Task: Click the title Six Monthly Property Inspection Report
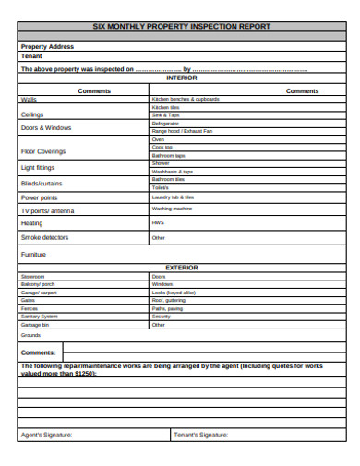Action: [182, 28]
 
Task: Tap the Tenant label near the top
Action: [31, 55]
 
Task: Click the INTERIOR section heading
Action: [182, 78]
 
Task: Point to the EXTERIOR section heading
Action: [182, 267]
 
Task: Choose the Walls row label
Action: [29, 98]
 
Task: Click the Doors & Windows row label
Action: [45, 128]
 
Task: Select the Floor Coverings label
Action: [42, 150]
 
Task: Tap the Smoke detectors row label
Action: [44, 237]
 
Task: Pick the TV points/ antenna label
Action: [47, 210]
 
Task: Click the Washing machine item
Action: [172, 209]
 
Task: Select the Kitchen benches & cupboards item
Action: [186, 98]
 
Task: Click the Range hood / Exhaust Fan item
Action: [182, 131]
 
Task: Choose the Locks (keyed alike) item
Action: [174, 292]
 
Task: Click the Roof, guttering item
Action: [169, 300]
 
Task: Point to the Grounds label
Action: [31, 335]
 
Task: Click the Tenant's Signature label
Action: [200, 434]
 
